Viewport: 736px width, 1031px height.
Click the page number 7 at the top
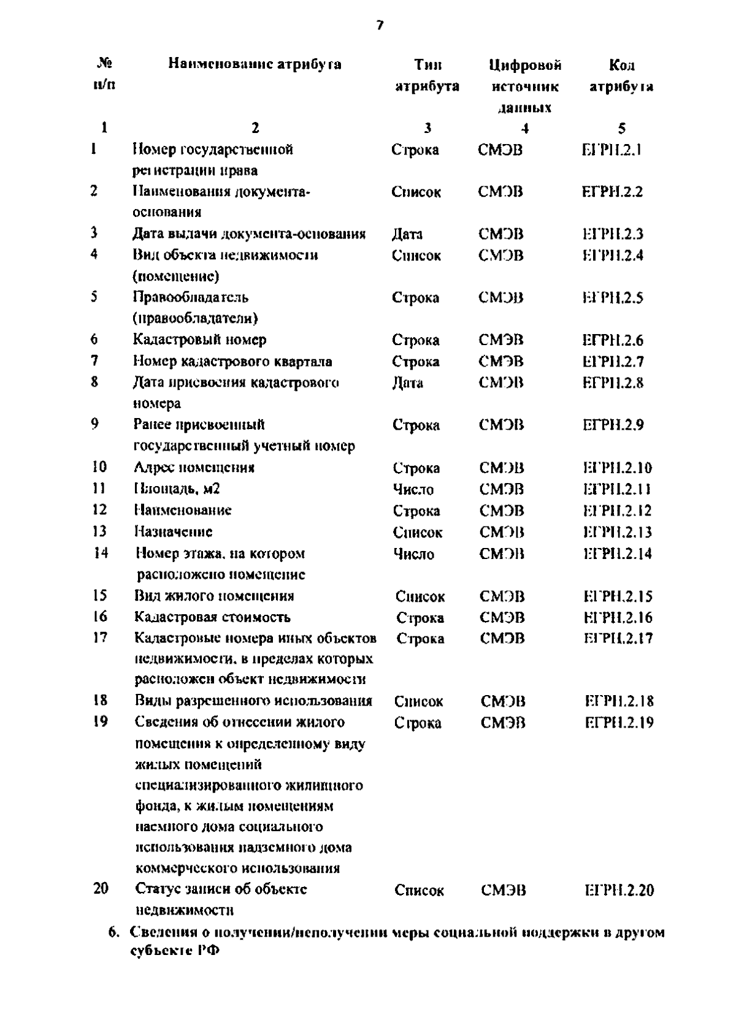(x=380, y=25)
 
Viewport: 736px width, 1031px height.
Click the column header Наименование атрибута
(x=255, y=64)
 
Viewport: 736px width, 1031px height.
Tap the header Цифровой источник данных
(x=525, y=86)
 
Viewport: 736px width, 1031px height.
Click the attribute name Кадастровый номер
(x=200, y=340)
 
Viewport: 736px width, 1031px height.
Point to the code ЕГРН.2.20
(x=619, y=890)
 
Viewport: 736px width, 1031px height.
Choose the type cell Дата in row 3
(x=407, y=234)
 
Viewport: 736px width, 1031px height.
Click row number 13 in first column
(x=99, y=531)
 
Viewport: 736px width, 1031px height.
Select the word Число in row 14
(x=414, y=554)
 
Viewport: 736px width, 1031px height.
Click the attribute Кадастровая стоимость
(x=212, y=617)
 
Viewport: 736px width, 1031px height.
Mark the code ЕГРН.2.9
(x=613, y=425)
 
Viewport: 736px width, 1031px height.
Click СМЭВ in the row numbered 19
(x=503, y=723)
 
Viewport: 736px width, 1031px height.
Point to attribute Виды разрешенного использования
(x=253, y=701)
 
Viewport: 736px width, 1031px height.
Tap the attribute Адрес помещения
(x=194, y=468)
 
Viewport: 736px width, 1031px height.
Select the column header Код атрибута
(x=621, y=75)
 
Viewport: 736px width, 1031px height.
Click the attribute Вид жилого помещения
(x=214, y=596)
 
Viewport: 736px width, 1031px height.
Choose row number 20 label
(x=101, y=888)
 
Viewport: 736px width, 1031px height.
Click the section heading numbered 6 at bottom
(x=386, y=942)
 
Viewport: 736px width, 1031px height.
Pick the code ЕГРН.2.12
(x=617, y=511)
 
